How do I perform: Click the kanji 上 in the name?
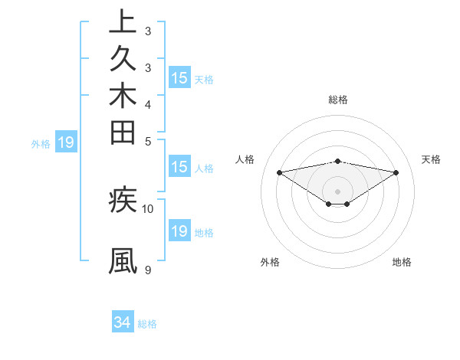point(123,23)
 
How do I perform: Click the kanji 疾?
point(123,201)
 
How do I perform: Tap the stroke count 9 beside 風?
point(147,270)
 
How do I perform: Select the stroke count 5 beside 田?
point(147,140)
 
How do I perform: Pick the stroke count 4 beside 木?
point(147,104)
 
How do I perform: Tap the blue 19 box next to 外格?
point(66,142)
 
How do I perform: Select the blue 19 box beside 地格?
point(179,231)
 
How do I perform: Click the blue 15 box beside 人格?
point(179,167)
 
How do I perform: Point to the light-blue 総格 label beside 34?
point(147,324)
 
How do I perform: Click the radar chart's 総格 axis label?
point(338,100)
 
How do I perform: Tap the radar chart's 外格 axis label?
point(270,262)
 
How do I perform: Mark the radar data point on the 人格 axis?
point(279,172)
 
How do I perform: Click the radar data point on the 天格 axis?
point(396,172)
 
